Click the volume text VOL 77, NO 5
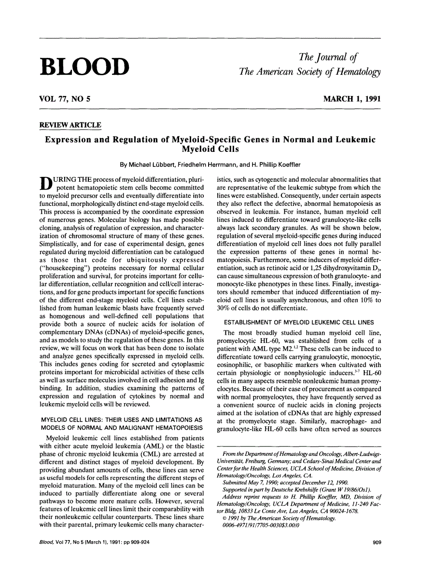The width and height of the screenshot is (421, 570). coord(65,99)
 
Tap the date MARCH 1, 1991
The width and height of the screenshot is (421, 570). coord(352,99)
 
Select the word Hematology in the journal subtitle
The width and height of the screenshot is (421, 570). coord(356,72)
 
